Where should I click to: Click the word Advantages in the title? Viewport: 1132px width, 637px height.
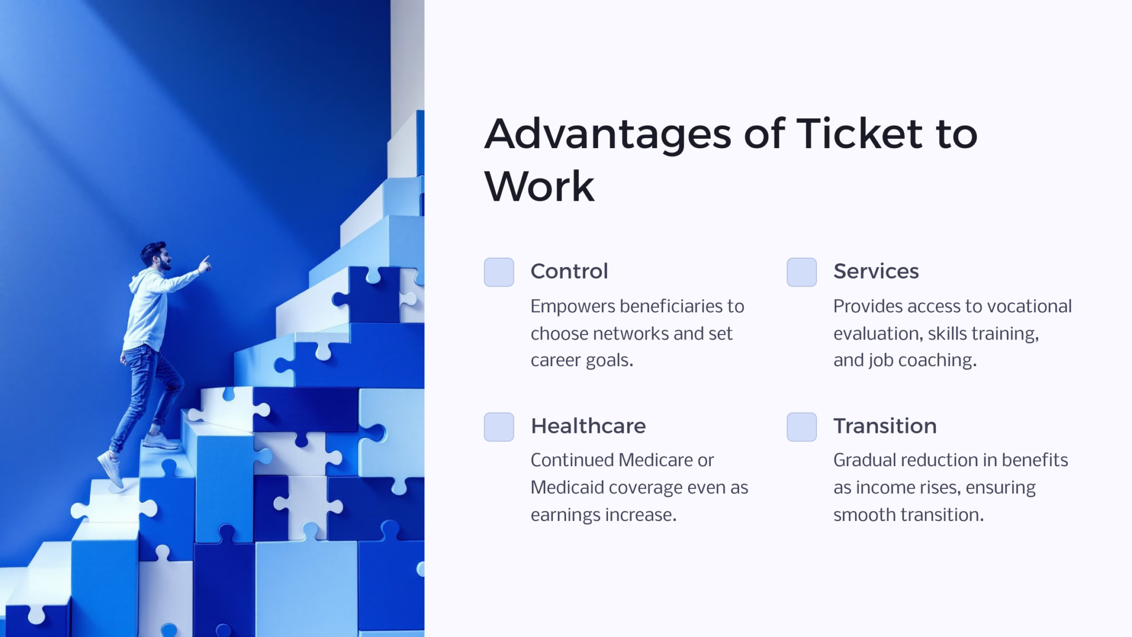(607, 134)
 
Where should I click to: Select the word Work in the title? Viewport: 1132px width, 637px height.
(539, 186)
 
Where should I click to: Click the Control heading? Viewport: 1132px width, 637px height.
(569, 271)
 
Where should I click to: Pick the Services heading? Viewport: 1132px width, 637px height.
(876, 271)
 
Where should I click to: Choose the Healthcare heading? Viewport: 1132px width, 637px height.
(588, 426)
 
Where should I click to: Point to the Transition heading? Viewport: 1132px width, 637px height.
(884, 426)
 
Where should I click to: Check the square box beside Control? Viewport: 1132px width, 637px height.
(499, 272)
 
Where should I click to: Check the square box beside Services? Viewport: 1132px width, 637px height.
(801, 272)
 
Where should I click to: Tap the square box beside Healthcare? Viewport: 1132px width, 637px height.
(499, 427)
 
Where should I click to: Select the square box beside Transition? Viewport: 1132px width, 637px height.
(801, 427)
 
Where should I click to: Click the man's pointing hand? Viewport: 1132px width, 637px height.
(205, 265)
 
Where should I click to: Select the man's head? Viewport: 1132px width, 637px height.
(155, 255)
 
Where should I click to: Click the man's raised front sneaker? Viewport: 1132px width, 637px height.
(160, 441)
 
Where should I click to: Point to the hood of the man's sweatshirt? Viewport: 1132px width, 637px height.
(136, 283)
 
